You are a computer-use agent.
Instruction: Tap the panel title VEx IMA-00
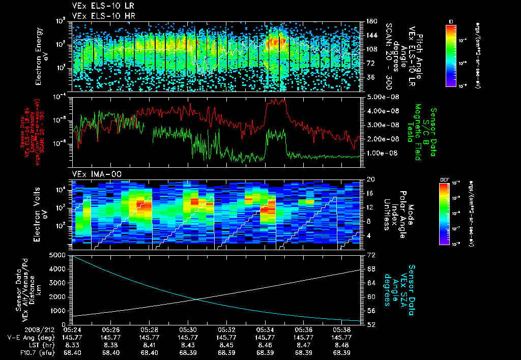click(x=93, y=174)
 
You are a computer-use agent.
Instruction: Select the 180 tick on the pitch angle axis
click(x=370, y=21)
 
